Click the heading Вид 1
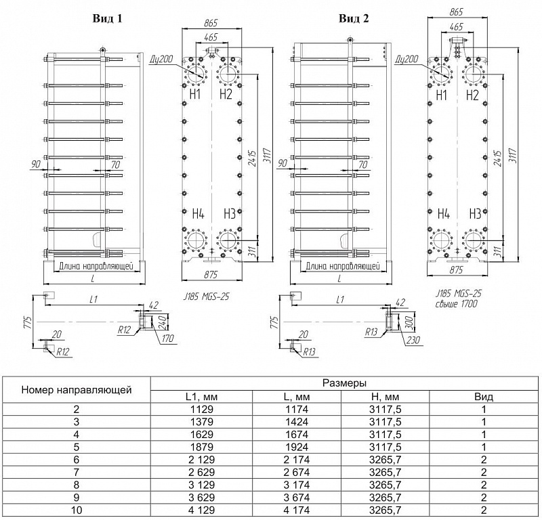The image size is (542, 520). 107,18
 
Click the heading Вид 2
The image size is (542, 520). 354,18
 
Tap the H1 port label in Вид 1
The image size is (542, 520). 195,94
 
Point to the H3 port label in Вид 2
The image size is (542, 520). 476,214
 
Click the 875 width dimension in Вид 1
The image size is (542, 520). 211,274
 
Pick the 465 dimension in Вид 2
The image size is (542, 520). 456,26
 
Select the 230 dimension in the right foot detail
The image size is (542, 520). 413,340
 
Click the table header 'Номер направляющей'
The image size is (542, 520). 77,390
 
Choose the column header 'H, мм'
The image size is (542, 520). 385,397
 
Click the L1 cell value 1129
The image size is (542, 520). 202,410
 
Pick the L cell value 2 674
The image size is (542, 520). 297,473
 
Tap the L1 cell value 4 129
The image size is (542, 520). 202,510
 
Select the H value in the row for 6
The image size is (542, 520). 385,460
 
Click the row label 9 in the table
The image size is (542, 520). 77,498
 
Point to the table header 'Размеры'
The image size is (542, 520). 344,383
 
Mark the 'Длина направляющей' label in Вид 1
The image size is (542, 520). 96,266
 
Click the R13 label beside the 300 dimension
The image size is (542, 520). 371,332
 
